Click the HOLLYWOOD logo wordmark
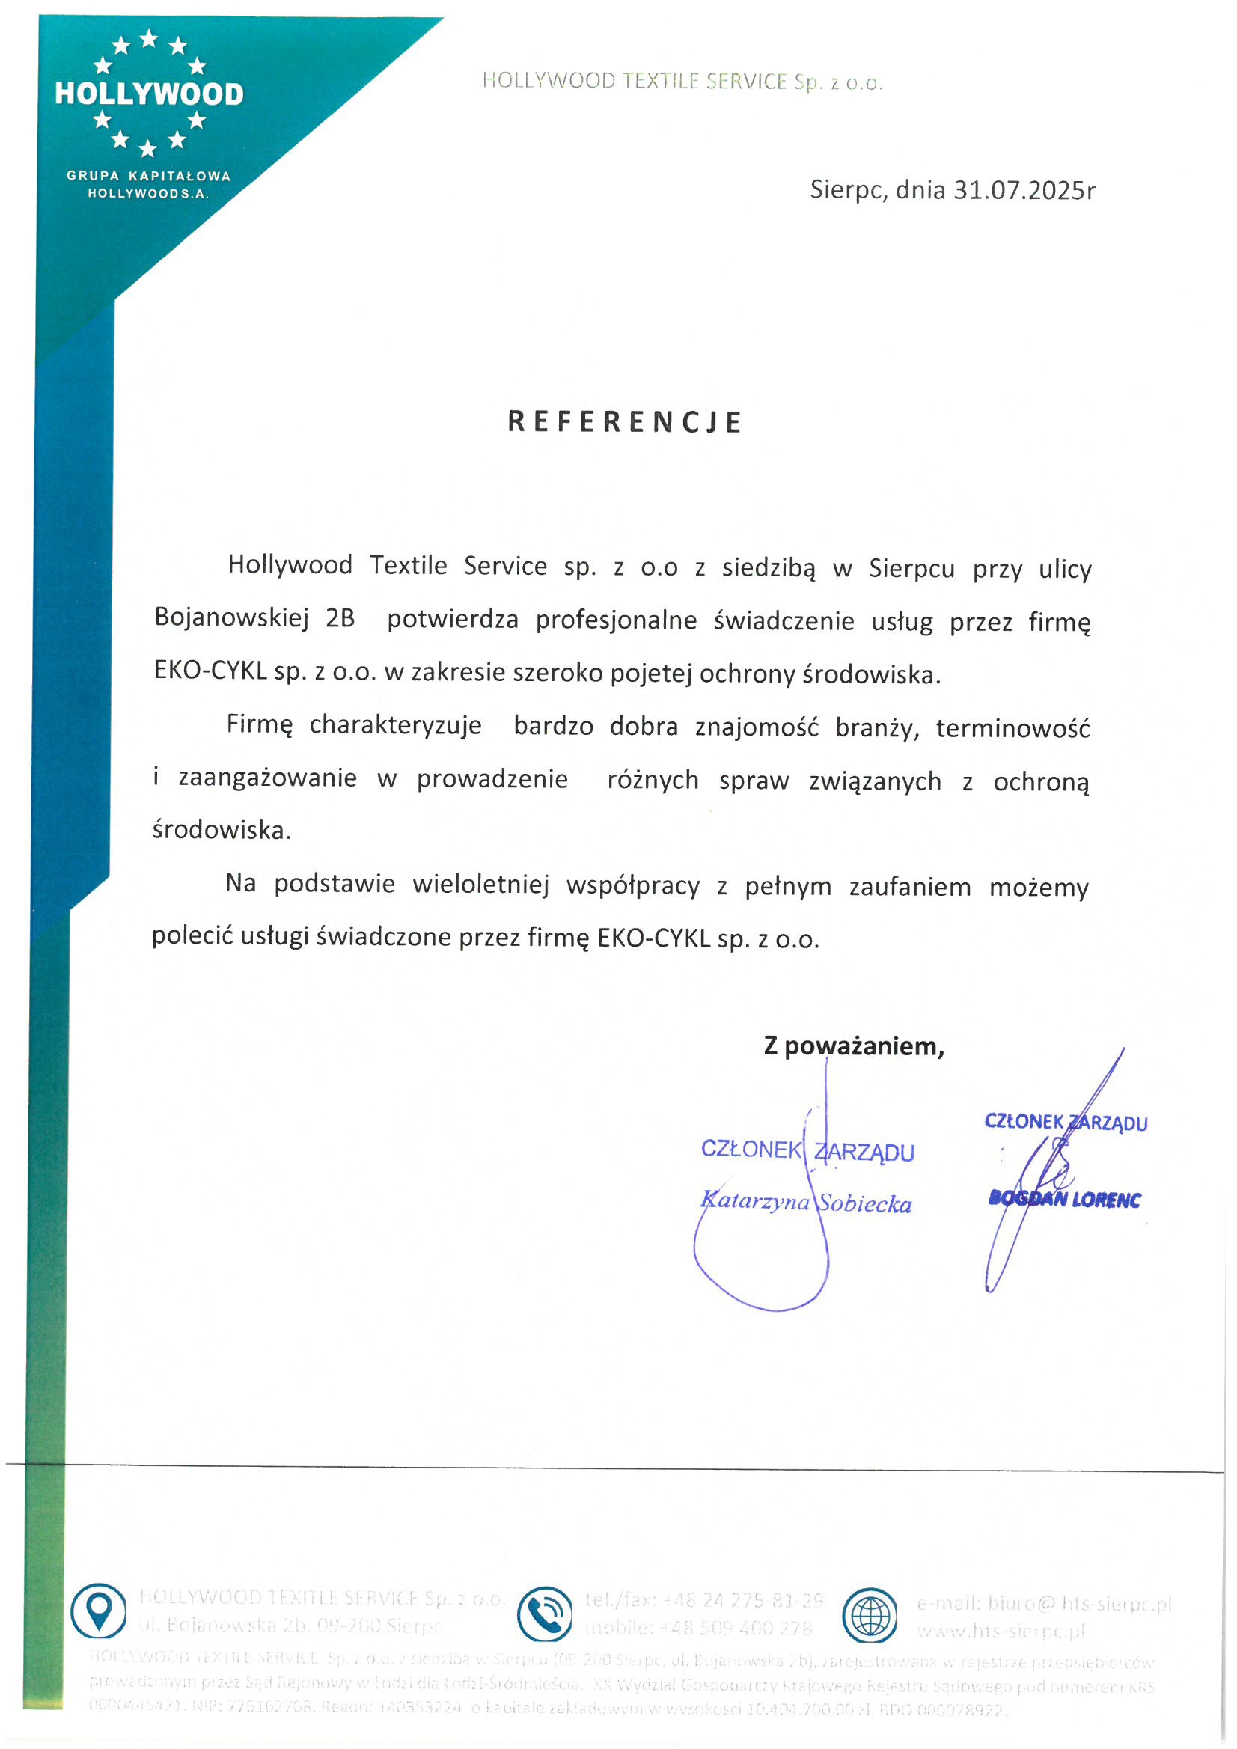[150, 94]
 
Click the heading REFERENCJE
[625, 422]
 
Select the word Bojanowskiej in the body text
[231, 617]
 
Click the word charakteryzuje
[395, 725]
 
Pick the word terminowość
[1013, 728]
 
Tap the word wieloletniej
[480, 885]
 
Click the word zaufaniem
[910, 888]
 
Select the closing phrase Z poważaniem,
[854, 1047]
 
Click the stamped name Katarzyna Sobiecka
[806, 1203]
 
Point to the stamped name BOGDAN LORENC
[1064, 1200]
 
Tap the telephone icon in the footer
[544, 1614]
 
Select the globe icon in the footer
[869, 1615]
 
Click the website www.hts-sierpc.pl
[1000, 1631]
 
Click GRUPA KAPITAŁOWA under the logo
[148, 176]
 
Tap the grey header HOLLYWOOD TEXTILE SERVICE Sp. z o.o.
[682, 82]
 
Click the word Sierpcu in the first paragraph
[911, 569]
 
